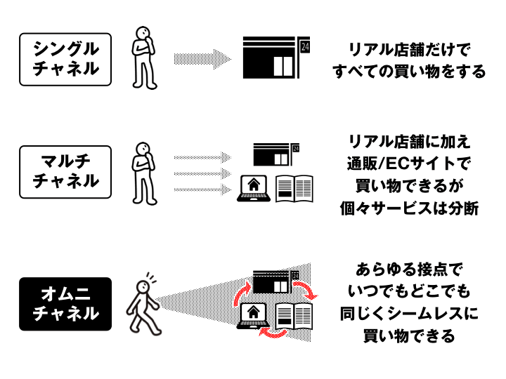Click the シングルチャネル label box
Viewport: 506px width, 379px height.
(65, 59)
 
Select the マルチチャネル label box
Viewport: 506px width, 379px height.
(65, 172)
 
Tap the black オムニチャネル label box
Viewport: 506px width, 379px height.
(65, 304)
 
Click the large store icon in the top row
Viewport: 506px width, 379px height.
(270, 58)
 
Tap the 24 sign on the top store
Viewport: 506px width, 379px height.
(304, 47)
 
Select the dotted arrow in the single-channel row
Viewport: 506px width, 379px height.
(202, 59)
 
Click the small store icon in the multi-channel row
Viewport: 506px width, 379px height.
(272, 154)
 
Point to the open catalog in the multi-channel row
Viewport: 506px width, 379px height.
(294, 189)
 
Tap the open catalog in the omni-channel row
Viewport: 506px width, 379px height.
(294, 316)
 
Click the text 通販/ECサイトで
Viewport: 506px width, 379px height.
(409, 163)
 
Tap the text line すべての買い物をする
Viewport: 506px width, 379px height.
(409, 71)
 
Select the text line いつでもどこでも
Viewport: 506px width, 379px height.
(409, 291)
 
